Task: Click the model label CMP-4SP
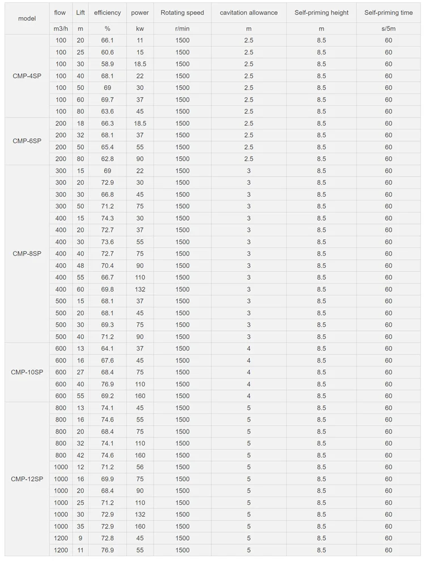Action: click(x=27, y=76)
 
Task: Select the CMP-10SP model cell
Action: click(x=27, y=372)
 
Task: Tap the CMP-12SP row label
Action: click(x=27, y=479)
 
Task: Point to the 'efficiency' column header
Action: click(x=108, y=12)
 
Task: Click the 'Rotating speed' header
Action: click(x=182, y=12)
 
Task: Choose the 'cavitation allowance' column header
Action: click(x=249, y=12)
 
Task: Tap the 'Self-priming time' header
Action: click(x=388, y=12)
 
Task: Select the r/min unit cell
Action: click(x=182, y=28)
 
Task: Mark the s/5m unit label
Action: click(x=388, y=28)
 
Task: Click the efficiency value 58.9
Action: click(x=108, y=64)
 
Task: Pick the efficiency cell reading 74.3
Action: click(x=108, y=218)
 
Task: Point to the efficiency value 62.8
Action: click(x=108, y=159)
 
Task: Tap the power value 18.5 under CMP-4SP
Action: click(x=140, y=64)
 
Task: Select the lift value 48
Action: click(x=80, y=266)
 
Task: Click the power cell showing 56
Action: click(x=140, y=467)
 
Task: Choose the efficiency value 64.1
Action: click(x=108, y=349)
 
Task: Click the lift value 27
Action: click(x=80, y=372)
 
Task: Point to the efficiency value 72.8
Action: click(x=108, y=538)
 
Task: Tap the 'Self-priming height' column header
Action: click(x=321, y=12)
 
